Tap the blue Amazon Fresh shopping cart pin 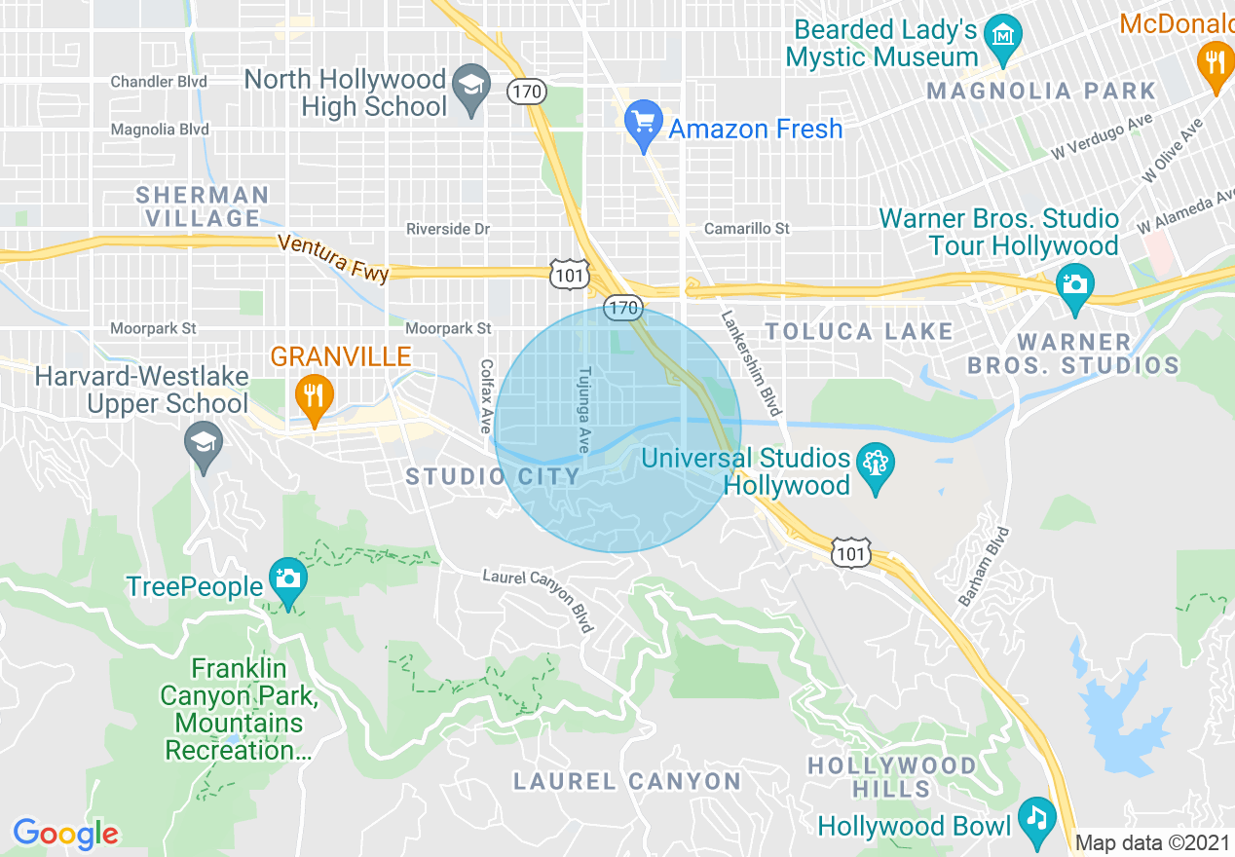[x=643, y=125]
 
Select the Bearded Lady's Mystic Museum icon [x=1001, y=35]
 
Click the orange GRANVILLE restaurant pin [x=314, y=397]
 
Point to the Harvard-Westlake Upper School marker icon [x=204, y=447]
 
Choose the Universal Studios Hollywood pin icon [x=875, y=466]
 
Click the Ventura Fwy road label [x=333, y=257]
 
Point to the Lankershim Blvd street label [x=752, y=362]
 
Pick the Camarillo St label [x=747, y=229]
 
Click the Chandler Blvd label [x=159, y=82]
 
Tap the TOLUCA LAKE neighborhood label [x=858, y=331]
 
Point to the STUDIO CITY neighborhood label [x=493, y=476]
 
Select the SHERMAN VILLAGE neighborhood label [x=203, y=206]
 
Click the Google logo [x=66, y=834]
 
